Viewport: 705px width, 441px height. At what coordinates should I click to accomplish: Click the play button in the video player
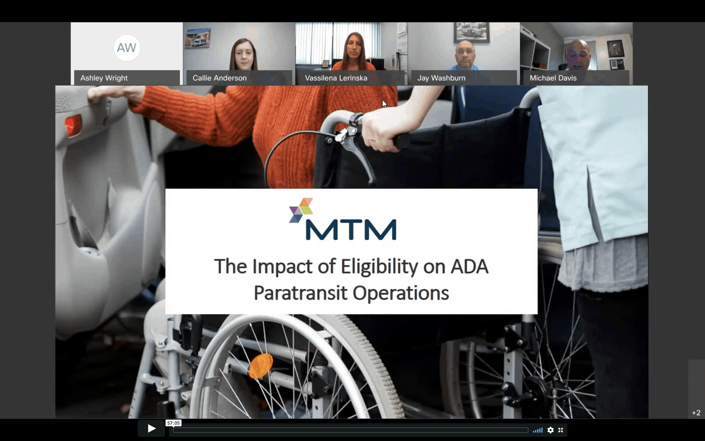pos(151,428)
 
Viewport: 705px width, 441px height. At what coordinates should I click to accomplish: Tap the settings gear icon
pos(550,430)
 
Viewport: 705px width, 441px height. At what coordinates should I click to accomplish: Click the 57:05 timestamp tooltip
pos(173,423)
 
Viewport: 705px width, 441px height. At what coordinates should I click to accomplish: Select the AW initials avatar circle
pos(127,47)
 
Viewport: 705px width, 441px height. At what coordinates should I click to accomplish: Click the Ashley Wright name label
pos(104,78)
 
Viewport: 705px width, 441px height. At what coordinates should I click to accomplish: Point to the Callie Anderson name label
pos(219,78)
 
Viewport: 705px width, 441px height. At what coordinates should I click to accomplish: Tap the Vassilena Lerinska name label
pos(336,78)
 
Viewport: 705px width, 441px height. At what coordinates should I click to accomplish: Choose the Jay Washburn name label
pos(441,78)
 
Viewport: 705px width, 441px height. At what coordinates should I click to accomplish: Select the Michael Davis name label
pos(553,78)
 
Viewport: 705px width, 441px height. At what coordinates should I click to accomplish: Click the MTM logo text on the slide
pos(351,230)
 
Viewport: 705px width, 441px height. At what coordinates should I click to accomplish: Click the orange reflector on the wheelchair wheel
pos(260,366)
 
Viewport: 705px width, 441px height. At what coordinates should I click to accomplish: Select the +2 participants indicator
pos(696,413)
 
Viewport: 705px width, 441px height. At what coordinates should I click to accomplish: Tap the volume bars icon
pos(538,430)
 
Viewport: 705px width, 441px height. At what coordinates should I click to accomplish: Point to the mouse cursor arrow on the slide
pos(384,104)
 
